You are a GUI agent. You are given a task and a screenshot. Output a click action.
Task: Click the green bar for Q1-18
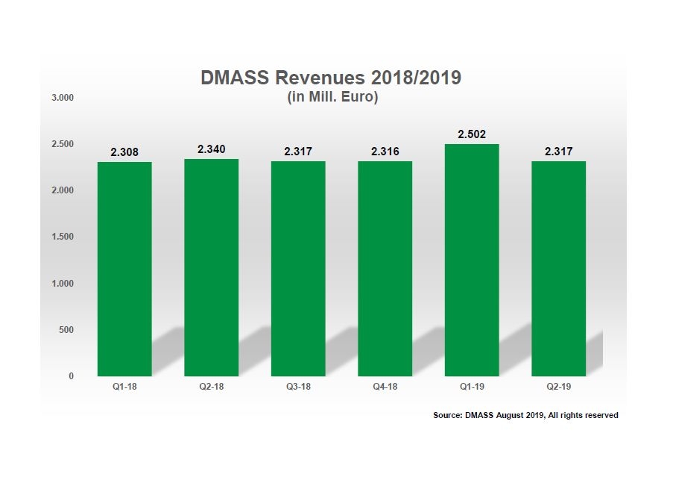click(124, 269)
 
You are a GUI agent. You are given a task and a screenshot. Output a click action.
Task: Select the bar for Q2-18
click(212, 267)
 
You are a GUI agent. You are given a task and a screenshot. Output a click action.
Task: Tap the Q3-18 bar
click(298, 269)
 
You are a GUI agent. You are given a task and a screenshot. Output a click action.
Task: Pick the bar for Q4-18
click(385, 269)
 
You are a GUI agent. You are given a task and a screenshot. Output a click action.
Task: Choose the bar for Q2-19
click(558, 269)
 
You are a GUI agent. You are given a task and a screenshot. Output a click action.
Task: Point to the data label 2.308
click(124, 152)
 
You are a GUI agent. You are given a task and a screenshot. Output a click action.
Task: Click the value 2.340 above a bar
click(212, 149)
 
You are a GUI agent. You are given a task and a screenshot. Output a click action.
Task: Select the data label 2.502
click(472, 134)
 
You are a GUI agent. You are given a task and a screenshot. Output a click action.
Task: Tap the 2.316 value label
click(385, 152)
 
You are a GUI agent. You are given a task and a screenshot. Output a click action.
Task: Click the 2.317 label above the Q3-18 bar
click(298, 152)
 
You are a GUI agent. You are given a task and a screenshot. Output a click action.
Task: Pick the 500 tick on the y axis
click(66, 330)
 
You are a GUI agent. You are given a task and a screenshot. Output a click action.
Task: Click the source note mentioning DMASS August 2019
click(525, 415)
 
